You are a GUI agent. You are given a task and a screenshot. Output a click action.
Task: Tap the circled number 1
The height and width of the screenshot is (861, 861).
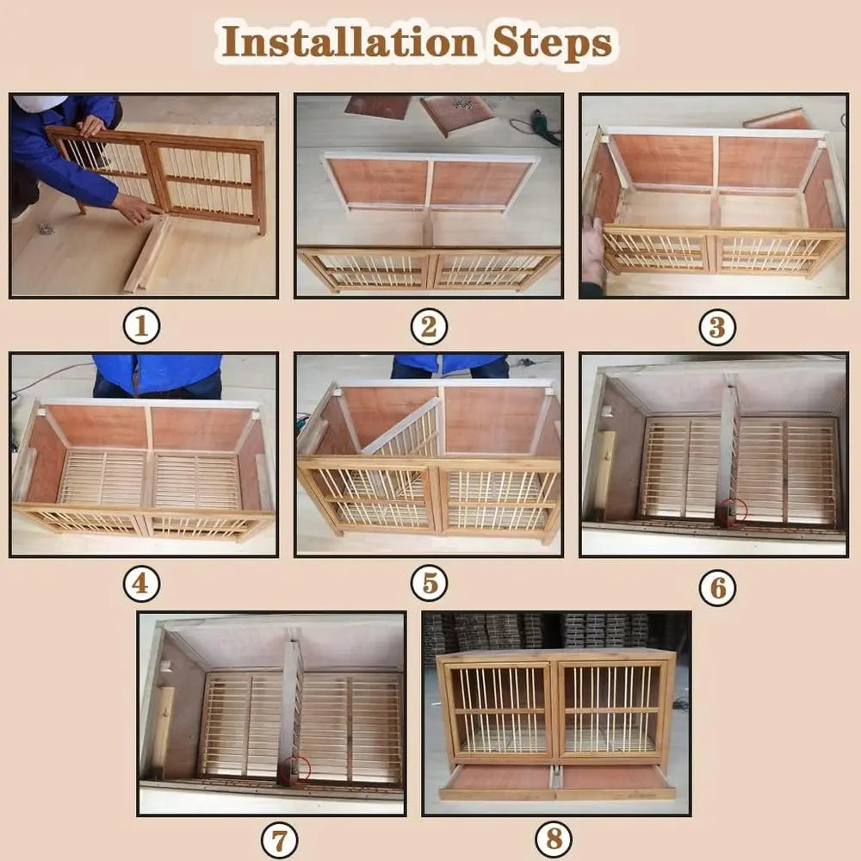click(142, 326)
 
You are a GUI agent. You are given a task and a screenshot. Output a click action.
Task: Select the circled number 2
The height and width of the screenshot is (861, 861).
click(429, 326)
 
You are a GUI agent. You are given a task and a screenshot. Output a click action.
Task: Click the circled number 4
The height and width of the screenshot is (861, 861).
click(141, 585)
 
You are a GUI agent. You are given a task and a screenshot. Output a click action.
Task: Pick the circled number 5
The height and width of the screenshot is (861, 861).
click(429, 585)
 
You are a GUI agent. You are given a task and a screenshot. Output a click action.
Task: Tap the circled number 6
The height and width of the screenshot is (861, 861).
click(716, 588)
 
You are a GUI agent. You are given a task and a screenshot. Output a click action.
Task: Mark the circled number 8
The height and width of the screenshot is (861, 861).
click(554, 839)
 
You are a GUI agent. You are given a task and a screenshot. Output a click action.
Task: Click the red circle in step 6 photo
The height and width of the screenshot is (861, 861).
click(734, 511)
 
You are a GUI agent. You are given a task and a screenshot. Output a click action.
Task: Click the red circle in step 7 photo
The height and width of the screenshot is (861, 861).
click(298, 768)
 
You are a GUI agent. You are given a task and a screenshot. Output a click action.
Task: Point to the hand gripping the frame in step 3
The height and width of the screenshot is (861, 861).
click(592, 250)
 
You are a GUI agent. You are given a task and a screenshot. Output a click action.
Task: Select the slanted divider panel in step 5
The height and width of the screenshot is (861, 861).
click(403, 430)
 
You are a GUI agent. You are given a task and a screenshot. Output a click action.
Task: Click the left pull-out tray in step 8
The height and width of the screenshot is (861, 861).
click(498, 779)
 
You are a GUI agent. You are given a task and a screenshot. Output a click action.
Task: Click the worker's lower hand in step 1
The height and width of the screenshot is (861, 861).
click(138, 208)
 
